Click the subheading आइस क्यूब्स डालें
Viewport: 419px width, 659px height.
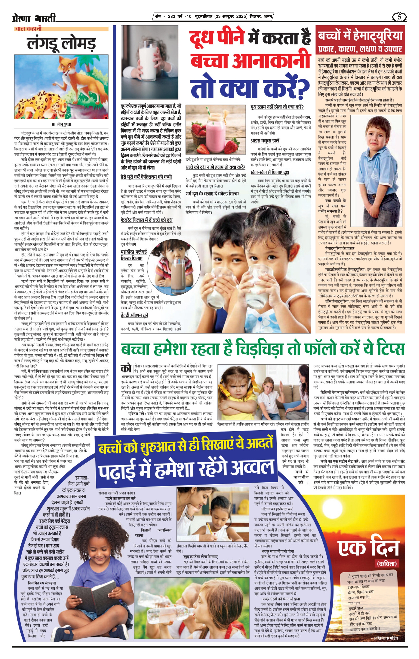[x=265, y=141]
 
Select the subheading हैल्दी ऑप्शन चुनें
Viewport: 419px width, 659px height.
[x=134, y=316]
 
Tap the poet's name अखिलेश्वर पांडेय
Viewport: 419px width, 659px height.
[x=385, y=638]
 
